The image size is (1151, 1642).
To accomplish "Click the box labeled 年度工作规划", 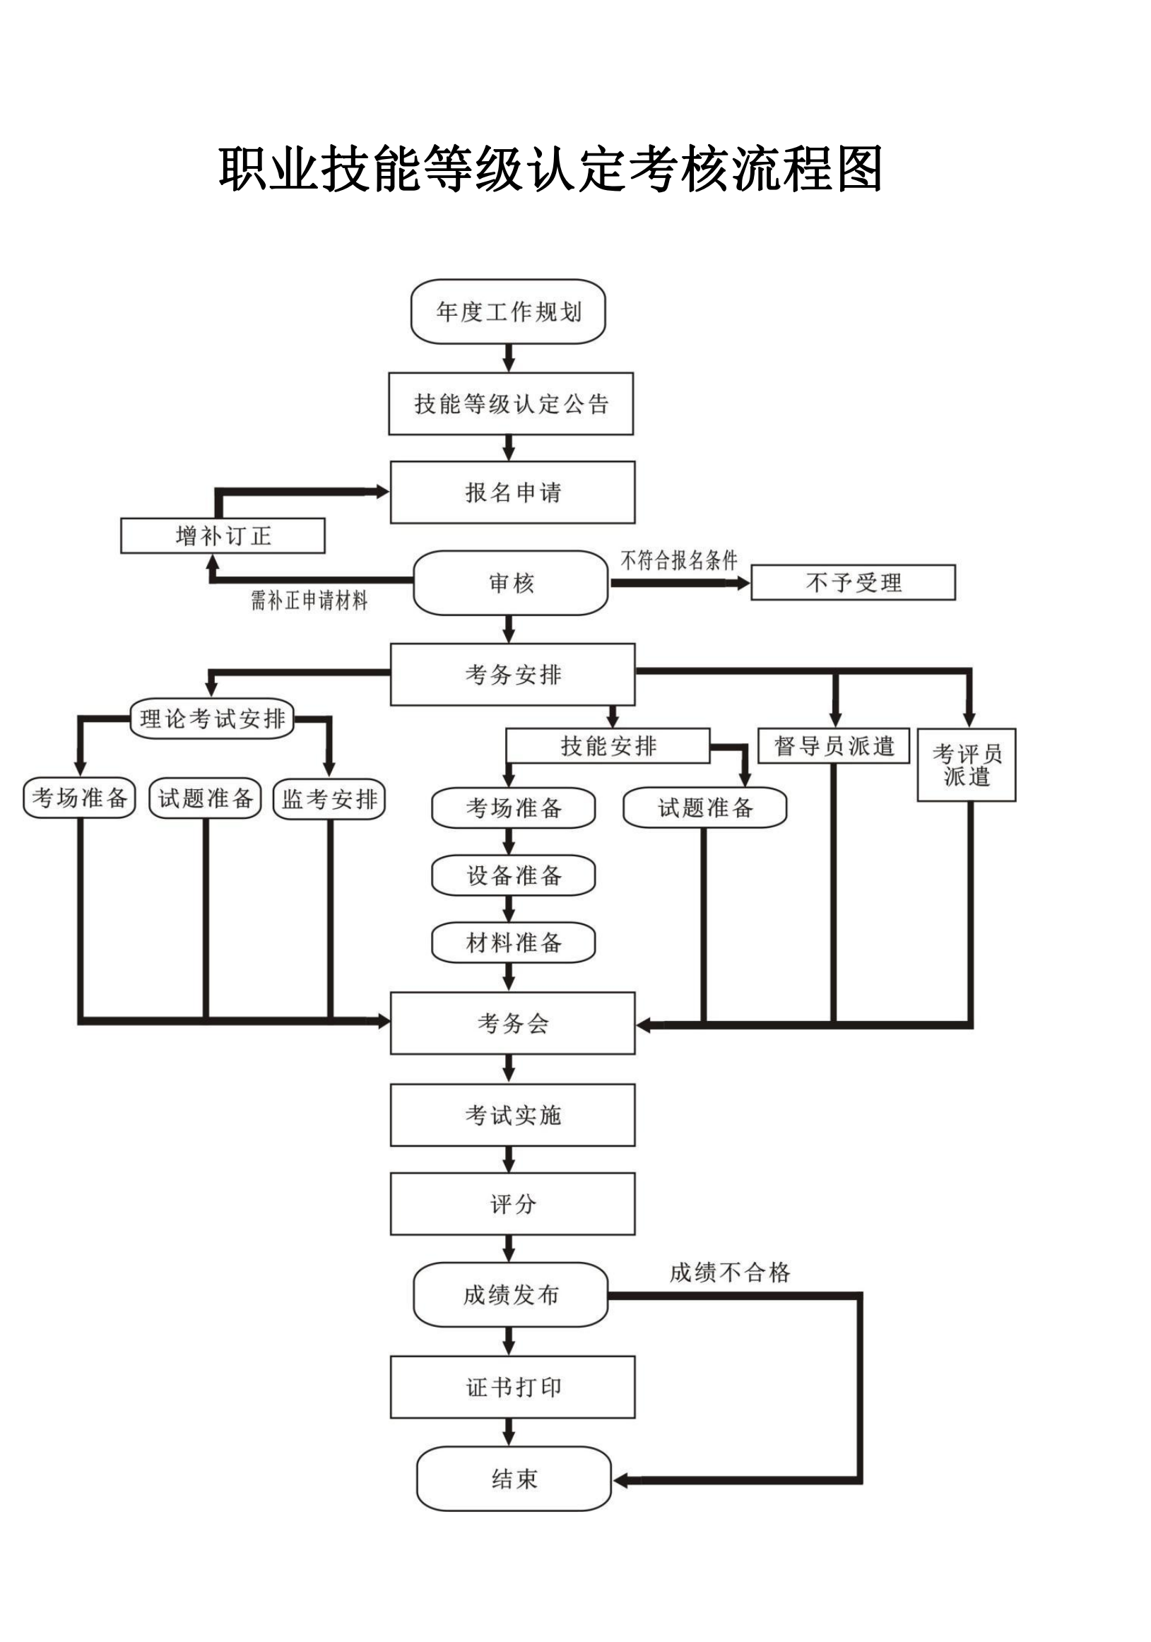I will point(507,312).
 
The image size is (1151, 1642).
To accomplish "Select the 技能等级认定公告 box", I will point(510,403).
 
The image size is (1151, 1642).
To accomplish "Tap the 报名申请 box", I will point(512,492).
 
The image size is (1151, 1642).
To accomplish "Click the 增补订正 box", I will point(223,536).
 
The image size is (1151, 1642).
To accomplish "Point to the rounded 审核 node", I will point(510,583).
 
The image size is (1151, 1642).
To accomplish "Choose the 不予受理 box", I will point(852,583).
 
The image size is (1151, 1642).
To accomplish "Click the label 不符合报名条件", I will point(678,560).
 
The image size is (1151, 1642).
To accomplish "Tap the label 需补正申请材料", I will point(308,600).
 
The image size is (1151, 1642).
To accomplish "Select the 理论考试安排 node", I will point(212,719).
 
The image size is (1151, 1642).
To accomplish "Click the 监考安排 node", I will point(329,799).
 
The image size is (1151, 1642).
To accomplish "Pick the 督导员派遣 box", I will point(832,746).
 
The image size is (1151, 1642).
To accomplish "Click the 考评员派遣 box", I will point(966,764).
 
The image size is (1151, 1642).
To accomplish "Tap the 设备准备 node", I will point(513,875).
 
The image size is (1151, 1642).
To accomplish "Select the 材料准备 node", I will point(513,943).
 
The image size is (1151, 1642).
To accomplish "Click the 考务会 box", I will point(512,1023).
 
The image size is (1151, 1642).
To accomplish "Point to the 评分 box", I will point(512,1204).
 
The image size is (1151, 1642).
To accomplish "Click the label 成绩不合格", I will point(729,1272).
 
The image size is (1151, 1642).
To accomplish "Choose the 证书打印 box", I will point(512,1387).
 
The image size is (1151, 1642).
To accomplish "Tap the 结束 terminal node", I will point(513,1478).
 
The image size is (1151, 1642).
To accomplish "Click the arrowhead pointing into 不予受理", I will point(743,584).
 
